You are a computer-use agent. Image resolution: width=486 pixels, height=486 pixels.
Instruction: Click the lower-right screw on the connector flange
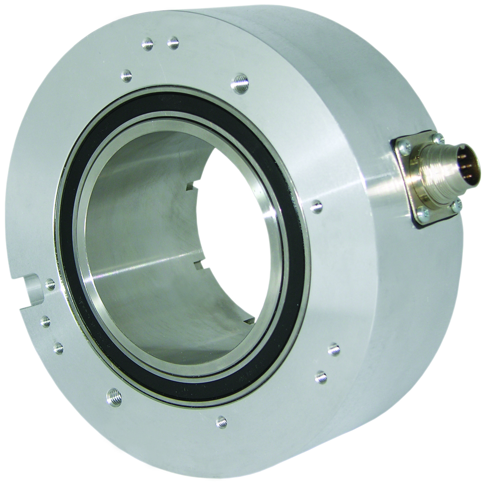pos(455,205)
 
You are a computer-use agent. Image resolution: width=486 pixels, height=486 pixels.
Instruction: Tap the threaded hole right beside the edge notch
pos(50,285)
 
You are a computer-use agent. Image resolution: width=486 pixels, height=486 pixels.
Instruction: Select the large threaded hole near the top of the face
pos(239,83)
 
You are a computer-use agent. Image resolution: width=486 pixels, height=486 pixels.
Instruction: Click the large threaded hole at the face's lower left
pos(114,397)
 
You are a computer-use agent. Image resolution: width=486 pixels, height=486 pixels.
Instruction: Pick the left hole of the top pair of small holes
pos(148,44)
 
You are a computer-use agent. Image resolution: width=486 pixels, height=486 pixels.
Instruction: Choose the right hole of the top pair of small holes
pos(173,43)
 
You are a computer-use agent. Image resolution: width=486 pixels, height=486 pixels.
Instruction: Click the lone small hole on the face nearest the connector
pos(316,207)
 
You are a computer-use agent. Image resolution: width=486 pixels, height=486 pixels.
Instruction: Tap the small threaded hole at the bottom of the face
pos(221,421)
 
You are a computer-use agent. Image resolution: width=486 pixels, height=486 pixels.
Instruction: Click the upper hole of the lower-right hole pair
pos(334,349)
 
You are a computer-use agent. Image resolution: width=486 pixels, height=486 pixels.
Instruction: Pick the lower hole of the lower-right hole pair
pos(321,377)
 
